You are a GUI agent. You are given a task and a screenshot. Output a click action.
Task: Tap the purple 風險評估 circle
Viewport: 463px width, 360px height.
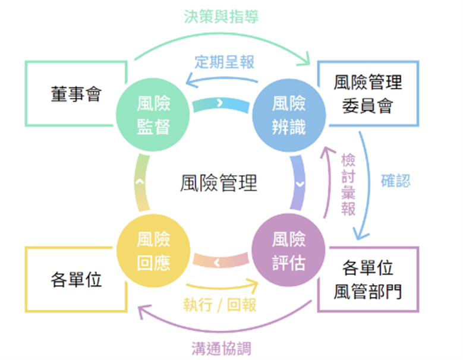tap(289, 251)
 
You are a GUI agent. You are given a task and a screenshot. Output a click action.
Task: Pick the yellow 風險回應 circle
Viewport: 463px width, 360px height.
tap(153, 251)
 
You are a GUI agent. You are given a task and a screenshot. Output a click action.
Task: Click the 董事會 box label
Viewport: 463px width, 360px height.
tap(75, 94)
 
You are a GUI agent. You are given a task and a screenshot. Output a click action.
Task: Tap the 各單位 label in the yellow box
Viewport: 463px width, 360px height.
tap(75, 279)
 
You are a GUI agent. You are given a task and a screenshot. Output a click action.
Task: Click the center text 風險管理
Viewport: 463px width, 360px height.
tap(219, 183)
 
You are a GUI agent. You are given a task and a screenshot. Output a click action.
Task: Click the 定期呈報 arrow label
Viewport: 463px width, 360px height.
tap(226, 61)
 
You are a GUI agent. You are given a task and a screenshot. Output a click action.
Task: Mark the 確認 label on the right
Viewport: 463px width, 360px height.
tap(395, 181)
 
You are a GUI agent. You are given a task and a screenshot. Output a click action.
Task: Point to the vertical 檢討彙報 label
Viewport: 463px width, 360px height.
tap(348, 184)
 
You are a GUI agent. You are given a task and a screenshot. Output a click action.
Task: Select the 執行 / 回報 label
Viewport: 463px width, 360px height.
tap(220, 305)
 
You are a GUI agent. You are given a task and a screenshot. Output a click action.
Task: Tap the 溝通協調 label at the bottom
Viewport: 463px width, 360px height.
tap(221, 348)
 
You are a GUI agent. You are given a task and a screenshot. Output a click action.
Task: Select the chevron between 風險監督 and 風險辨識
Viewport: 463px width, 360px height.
tap(220, 104)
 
